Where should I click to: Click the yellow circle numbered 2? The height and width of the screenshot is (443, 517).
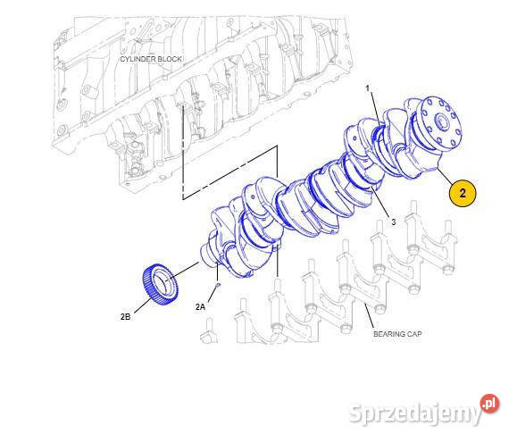point(463,193)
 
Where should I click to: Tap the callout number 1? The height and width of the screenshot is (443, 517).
point(367,88)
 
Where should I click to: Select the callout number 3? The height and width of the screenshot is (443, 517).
point(392,222)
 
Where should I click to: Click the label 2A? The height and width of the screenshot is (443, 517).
point(201,306)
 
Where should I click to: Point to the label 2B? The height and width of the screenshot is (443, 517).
point(126,315)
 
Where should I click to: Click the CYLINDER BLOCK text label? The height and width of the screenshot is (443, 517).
point(151,59)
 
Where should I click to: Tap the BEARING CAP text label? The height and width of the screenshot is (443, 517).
point(397,334)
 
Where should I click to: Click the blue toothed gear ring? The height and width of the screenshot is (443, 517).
point(160,284)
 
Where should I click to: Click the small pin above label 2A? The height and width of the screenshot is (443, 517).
point(217,287)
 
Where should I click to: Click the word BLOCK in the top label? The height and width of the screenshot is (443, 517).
point(171,59)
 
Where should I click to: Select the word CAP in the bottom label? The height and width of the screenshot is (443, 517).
point(413,334)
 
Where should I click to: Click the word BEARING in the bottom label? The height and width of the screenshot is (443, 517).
point(389,334)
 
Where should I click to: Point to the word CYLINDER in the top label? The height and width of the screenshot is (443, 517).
point(138,59)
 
